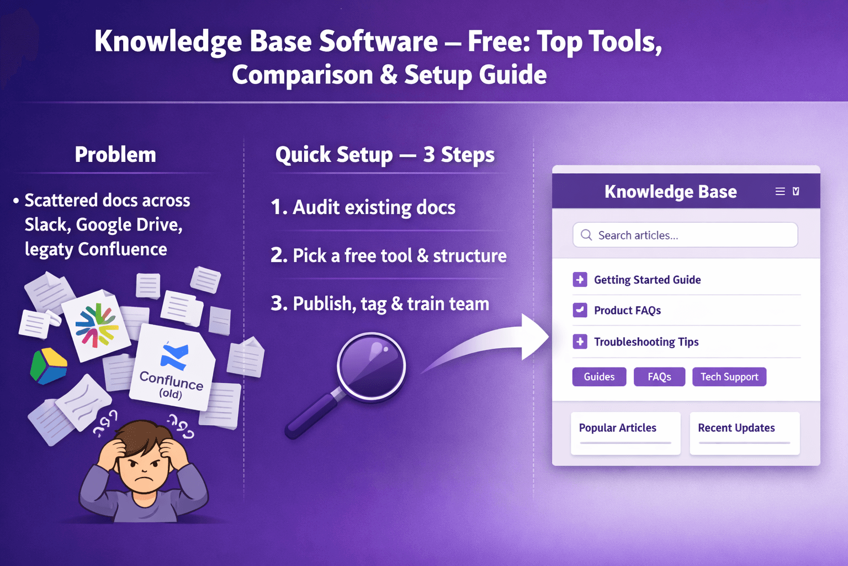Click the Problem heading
click(115, 155)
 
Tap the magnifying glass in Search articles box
click(586, 235)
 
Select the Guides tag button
click(599, 377)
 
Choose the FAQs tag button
click(659, 377)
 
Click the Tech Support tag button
click(729, 377)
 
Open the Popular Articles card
click(625, 433)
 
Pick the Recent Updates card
click(744, 433)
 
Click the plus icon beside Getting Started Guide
click(580, 280)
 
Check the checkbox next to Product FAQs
click(580, 310)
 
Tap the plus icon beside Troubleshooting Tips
click(580, 342)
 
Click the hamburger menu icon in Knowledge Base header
click(780, 191)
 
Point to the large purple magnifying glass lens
click(371, 365)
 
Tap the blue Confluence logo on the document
click(174, 356)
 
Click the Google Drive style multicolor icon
click(49, 365)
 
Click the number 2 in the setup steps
click(278, 255)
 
